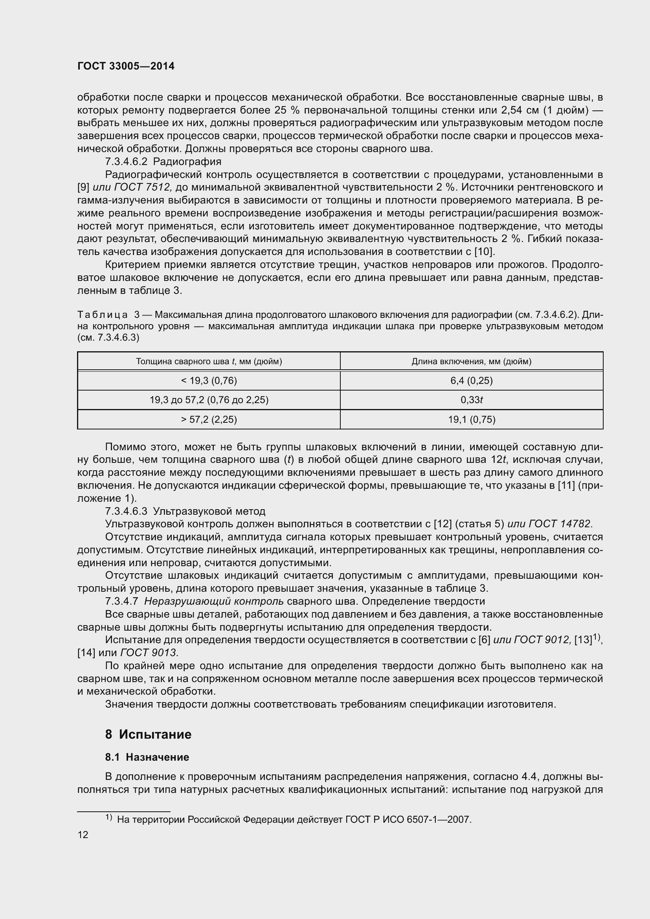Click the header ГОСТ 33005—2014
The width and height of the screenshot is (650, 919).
point(126,66)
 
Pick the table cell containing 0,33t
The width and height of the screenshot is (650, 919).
point(471,400)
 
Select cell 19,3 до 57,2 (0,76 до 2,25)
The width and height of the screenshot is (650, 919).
point(209,400)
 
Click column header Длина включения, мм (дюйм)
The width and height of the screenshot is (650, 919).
point(471,361)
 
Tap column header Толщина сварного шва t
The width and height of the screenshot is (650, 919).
point(209,361)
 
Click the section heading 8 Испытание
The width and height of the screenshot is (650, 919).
point(148,734)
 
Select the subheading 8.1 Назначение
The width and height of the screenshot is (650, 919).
point(147,757)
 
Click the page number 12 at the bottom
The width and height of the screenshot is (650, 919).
point(83,835)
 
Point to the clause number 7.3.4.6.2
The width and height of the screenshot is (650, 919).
point(126,162)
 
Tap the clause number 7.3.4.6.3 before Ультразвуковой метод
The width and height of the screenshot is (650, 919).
point(126,511)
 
